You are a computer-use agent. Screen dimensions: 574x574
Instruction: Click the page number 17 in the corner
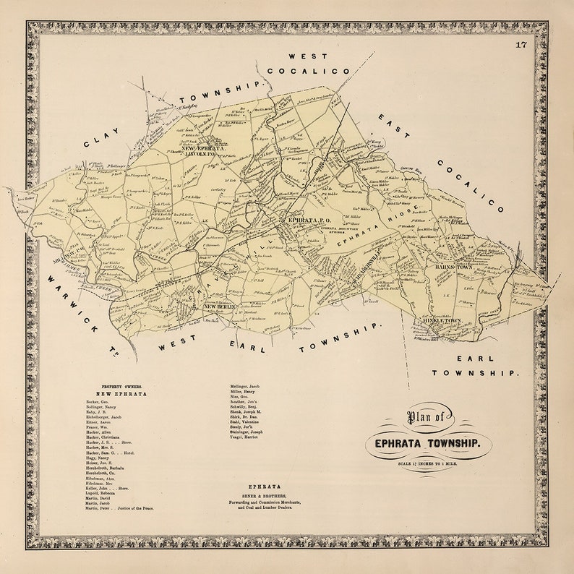click(521, 46)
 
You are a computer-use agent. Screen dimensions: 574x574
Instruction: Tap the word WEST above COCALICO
click(308, 56)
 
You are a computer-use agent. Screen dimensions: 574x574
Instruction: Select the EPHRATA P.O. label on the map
click(309, 219)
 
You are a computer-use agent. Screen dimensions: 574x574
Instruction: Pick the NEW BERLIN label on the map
click(220, 307)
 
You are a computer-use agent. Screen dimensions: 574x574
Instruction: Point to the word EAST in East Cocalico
click(393, 126)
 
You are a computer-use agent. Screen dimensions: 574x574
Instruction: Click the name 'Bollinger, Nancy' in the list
click(102, 408)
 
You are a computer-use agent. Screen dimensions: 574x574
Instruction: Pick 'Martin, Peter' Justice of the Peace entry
click(119, 508)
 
